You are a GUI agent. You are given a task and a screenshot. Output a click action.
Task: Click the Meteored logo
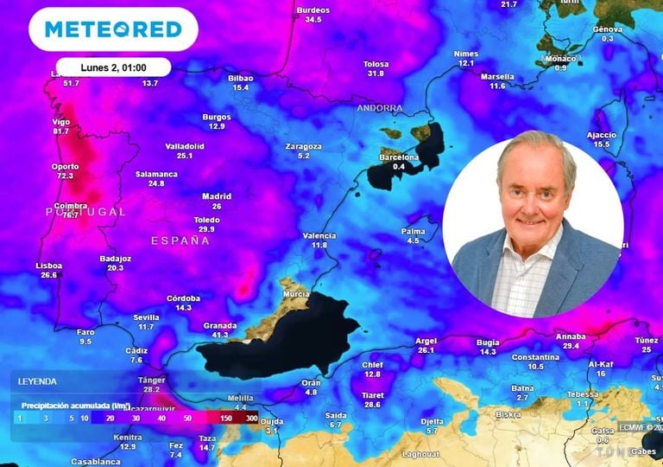pyautogui.click(x=113, y=29)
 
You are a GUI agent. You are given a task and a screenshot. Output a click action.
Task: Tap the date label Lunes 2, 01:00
pyautogui.click(x=113, y=67)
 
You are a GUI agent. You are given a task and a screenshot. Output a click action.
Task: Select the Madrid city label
pyautogui.click(x=217, y=196)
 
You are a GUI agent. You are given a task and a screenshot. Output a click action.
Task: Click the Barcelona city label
pyautogui.click(x=400, y=157)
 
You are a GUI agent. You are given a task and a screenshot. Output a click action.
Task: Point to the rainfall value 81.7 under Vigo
pyautogui.click(x=61, y=131)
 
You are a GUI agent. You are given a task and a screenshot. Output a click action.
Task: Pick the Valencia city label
pyautogui.click(x=319, y=235)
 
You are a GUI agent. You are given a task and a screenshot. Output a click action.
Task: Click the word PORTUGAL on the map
pyautogui.click(x=85, y=212)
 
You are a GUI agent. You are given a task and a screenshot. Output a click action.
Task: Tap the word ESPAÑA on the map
pyautogui.click(x=180, y=240)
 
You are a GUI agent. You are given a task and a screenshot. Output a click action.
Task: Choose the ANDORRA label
pyautogui.click(x=380, y=108)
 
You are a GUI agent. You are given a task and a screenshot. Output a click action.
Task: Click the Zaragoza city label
pyautogui.click(x=303, y=146)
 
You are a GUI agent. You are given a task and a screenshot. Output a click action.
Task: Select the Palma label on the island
pyautogui.click(x=414, y=231)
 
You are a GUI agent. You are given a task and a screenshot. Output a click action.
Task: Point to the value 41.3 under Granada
pyautogui.click(x=220, y=335)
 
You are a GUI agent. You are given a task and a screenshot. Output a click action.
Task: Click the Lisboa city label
pyautogui.click(x=48, y=265)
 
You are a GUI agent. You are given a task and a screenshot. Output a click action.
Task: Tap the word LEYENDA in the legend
pyautogui.click(x=37, y=381)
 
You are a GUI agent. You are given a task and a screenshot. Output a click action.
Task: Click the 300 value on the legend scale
pyautogui.click(x=251, y=418)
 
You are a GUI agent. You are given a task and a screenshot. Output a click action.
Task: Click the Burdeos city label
pyautogui.click(x=313, y=10)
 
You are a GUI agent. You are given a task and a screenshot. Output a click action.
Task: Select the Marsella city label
pyautogui.click(x=497, y=76)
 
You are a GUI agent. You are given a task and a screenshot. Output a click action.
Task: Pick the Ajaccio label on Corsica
pyautogui.click(x=602, y=135)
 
